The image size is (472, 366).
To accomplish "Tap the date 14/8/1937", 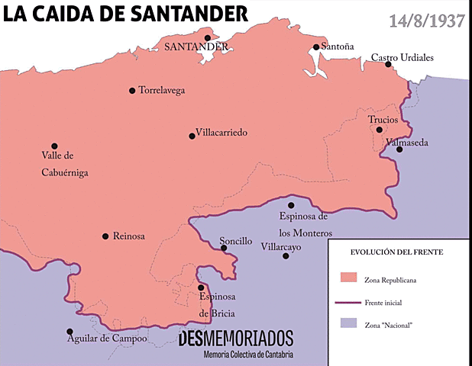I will (x=427, y=21).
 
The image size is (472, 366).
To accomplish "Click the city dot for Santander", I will (x=207, y=37).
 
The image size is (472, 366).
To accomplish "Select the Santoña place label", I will (x=338, y=47).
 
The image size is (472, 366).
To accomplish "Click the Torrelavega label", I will (x=161, y=90).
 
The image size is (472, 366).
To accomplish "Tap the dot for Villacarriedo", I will (x=192, y=136).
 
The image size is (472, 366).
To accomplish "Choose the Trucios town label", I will (x=383, y=120).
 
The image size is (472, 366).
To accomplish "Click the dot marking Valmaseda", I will (x=399, y=149).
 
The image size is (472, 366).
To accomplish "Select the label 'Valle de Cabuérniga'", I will (x=64, y=164).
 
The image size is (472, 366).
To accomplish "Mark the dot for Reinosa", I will (x=105, y=236).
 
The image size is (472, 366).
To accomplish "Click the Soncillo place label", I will (x=235, y=240).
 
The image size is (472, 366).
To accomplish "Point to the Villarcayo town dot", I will (x=286, y=256).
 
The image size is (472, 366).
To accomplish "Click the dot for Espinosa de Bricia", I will (x=201, y=287).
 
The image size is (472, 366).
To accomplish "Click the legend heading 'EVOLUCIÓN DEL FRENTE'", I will (x=396, y=251).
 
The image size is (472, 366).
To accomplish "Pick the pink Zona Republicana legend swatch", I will (x=349, y=277).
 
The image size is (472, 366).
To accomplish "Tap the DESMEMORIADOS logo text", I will (x=235, y=339).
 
